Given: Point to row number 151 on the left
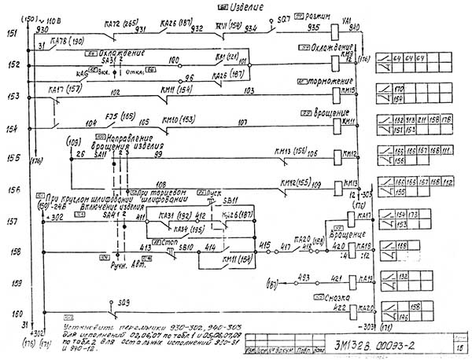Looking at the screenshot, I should click(12, 34).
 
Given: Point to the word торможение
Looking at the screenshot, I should click(328, 80).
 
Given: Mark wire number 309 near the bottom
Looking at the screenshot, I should click(124, 302).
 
